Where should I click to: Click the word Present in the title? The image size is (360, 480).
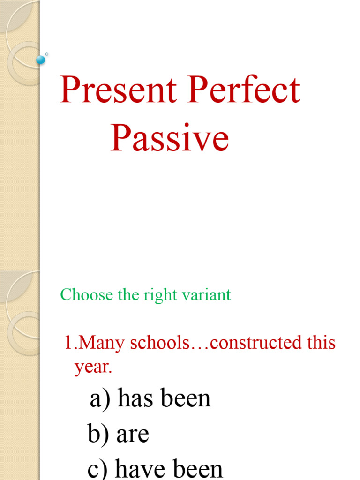click(118, 91)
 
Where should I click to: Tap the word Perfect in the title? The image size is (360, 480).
click(244, 91)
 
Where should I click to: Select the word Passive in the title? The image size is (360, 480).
click(170, 139)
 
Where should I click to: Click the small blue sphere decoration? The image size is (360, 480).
click(41, 60)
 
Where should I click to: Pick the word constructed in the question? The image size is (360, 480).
click(255, 343)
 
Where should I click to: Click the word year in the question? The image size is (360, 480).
click(92, 367)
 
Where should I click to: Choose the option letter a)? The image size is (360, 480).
click(99, 399)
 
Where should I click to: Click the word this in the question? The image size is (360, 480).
click(322, 343)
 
